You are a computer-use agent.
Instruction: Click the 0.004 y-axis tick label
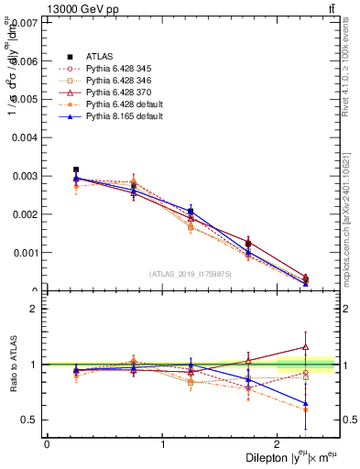coord(26,137)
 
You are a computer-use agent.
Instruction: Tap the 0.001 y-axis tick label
coord(26,253)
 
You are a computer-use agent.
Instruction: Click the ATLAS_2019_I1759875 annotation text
coord(191,274)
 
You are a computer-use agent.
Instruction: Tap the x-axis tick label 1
coord(163,444)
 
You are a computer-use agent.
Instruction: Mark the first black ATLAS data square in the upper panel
coord(76,169)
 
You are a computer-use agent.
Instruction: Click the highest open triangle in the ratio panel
coord(306,347)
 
